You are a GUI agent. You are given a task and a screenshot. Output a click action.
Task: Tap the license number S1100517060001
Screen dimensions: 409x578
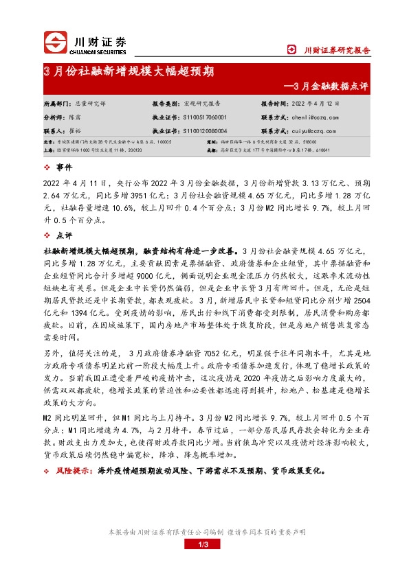point(205,117)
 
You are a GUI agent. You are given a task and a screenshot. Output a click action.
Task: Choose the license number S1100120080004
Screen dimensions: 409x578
point(205,130)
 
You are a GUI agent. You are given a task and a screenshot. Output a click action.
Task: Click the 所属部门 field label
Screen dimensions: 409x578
point(56,104)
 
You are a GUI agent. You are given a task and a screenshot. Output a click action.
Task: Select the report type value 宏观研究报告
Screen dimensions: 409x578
point(202,104)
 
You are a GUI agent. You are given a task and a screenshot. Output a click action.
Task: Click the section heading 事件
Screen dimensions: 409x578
point(63,167)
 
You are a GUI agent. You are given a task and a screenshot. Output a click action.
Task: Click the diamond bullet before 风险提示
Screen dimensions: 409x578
point(46,471)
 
